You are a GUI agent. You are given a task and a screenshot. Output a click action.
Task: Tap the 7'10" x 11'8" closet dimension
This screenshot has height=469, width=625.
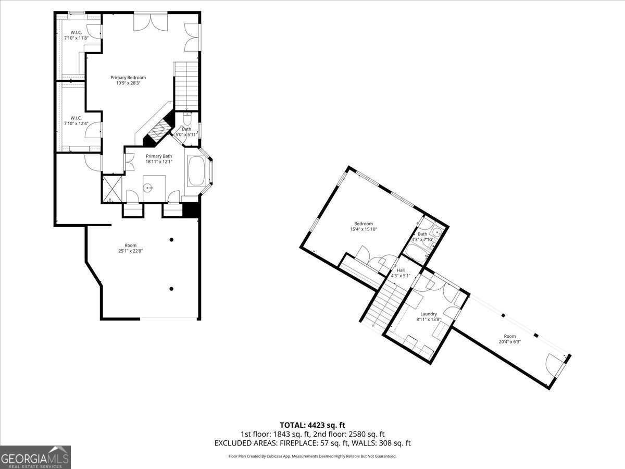pos(76,38)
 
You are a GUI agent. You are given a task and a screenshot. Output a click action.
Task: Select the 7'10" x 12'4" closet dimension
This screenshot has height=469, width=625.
pos(76,124)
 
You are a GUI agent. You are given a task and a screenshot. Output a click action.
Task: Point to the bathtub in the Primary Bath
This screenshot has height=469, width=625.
pos(196,171)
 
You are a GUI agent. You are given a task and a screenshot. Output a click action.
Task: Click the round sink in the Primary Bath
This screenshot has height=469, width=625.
pos(149,188)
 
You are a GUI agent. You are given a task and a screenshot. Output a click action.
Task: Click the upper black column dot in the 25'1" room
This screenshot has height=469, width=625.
pos(171,240)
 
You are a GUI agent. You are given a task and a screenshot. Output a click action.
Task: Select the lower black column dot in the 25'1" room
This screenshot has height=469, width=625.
pos(171,289)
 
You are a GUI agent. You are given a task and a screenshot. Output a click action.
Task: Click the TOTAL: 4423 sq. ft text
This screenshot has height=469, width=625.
pos(312,425)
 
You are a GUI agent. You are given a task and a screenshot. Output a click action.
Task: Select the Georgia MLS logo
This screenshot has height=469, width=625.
pos(35,458)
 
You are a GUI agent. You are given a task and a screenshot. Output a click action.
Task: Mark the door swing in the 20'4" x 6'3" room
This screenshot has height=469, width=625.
pos(554,365)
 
